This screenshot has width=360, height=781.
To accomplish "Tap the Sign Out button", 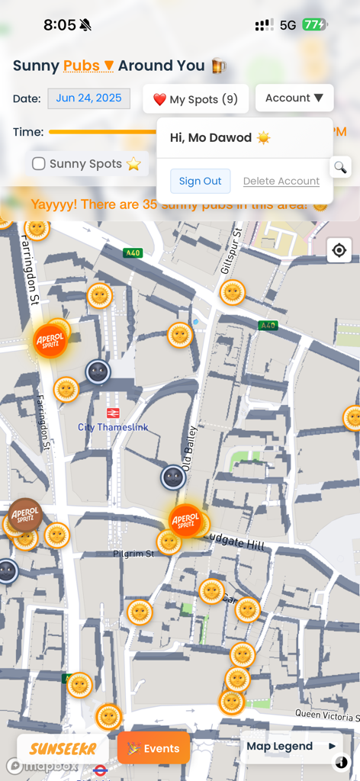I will click(200, 181).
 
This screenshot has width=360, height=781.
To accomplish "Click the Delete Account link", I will click(281, 181).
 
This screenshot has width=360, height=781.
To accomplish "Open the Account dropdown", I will click(294, 98).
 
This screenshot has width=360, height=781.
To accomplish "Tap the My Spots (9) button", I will click(195, 99).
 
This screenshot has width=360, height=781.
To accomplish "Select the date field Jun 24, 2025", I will click(88, 98).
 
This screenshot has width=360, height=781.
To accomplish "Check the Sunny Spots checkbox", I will click(39, 163).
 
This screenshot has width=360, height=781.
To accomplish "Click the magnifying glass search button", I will click(340, 167).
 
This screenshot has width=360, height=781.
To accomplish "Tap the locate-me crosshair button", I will click(339, 250).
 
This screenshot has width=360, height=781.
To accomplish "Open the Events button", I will click(153, 748).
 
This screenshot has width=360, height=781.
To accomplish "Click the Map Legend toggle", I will click(291, 746).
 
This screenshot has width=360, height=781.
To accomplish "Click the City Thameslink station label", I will click(113, 426).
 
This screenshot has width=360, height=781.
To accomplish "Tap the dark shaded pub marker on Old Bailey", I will click(173, 477).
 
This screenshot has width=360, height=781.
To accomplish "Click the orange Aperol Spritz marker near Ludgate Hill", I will click(185, 521).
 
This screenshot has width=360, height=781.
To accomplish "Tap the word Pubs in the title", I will click(82, 66).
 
